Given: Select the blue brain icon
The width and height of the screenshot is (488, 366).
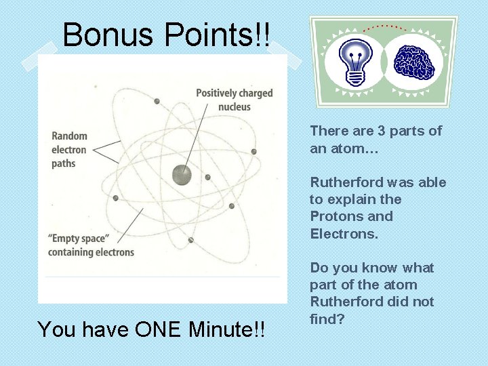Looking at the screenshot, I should tap(415, 61).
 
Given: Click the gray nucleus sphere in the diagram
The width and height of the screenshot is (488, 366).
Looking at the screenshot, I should tap(181, 175).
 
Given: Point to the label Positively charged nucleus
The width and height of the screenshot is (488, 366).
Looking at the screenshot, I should tap(234, 100).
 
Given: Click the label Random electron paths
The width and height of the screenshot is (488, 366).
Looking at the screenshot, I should tap(68, 150).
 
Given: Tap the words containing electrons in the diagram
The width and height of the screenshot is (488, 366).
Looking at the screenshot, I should tap(91, 252).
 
